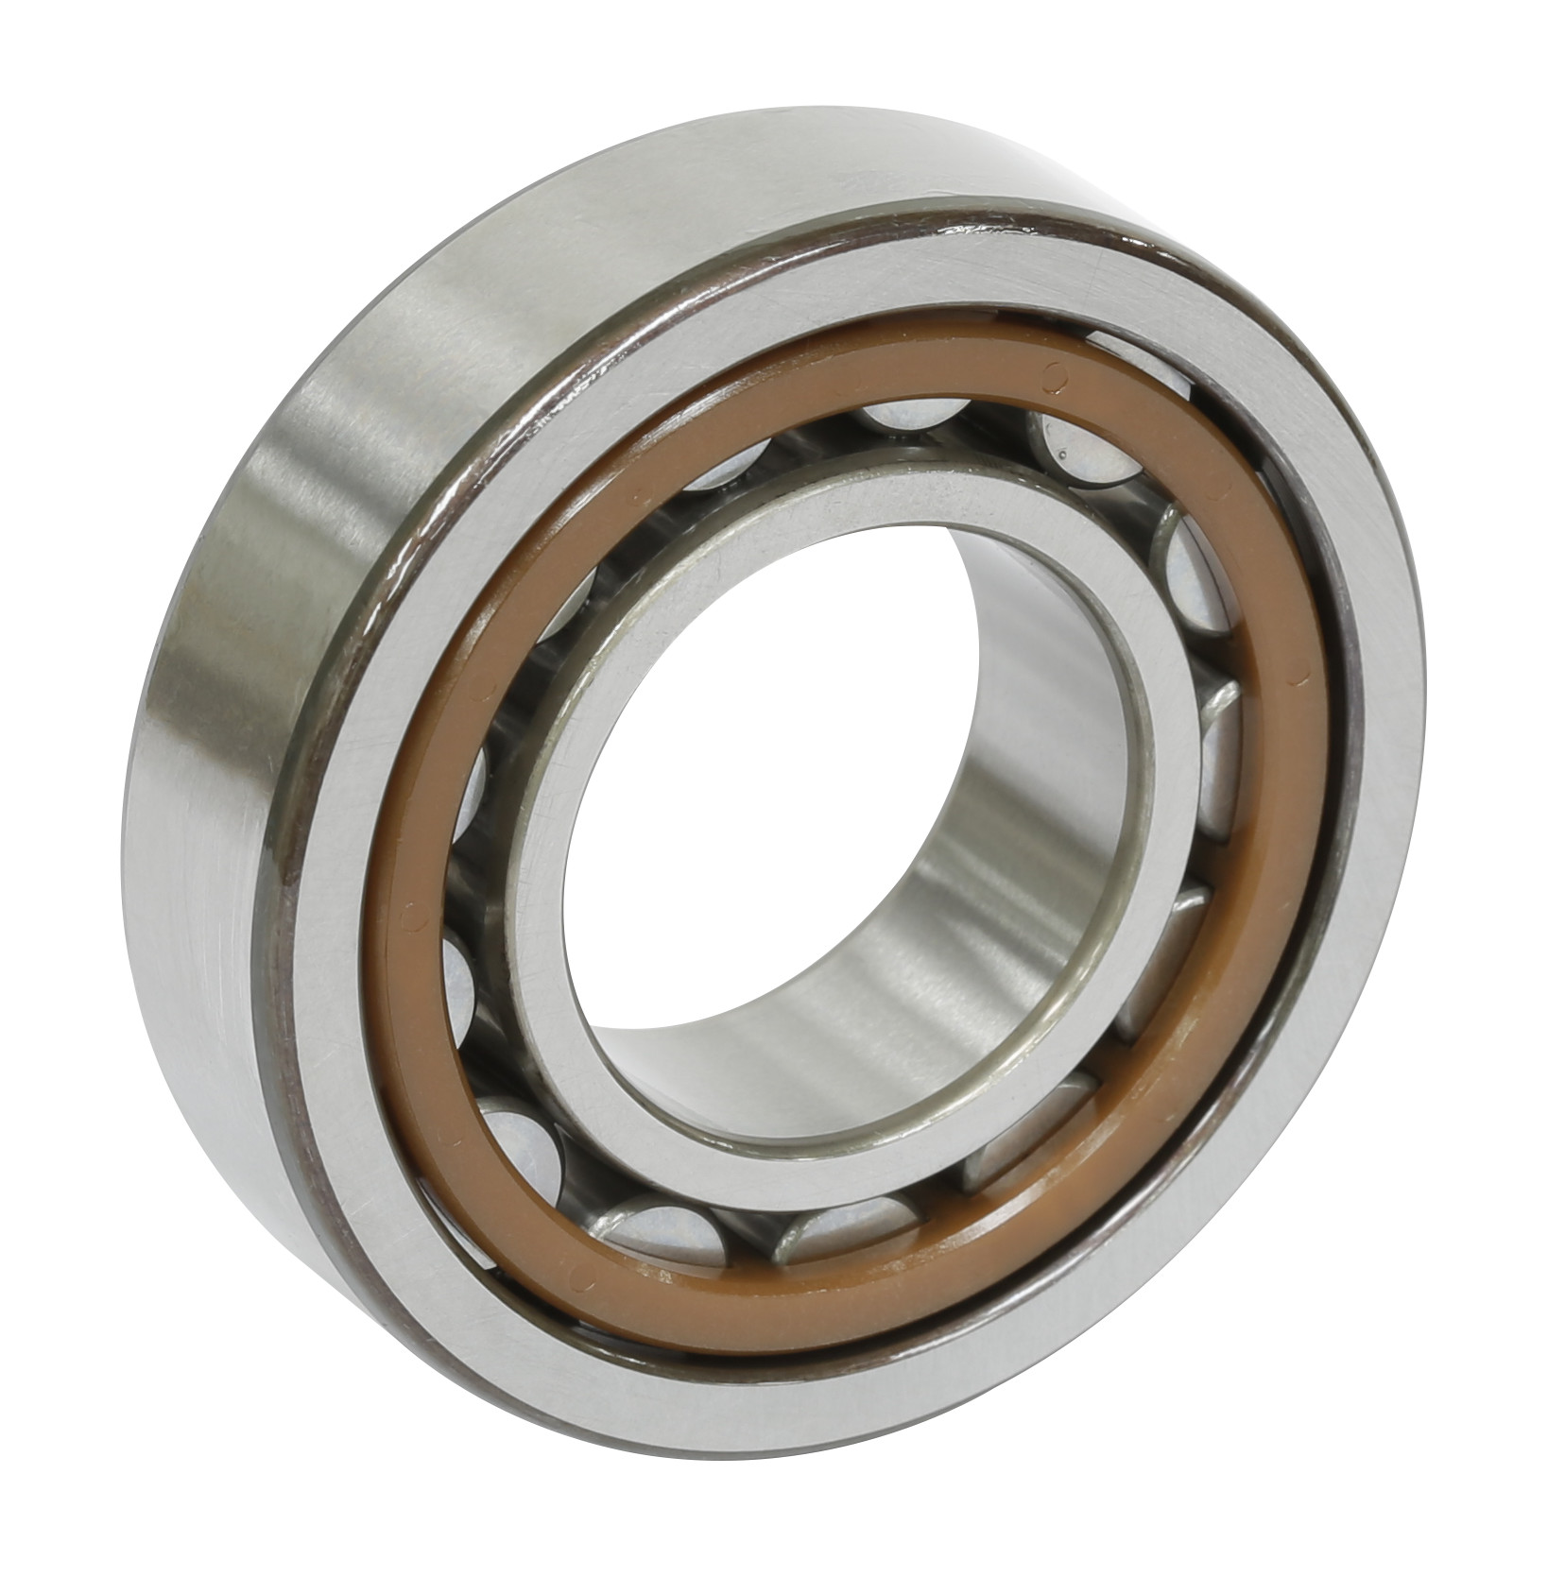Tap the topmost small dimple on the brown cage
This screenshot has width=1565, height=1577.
pos(1049,377)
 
